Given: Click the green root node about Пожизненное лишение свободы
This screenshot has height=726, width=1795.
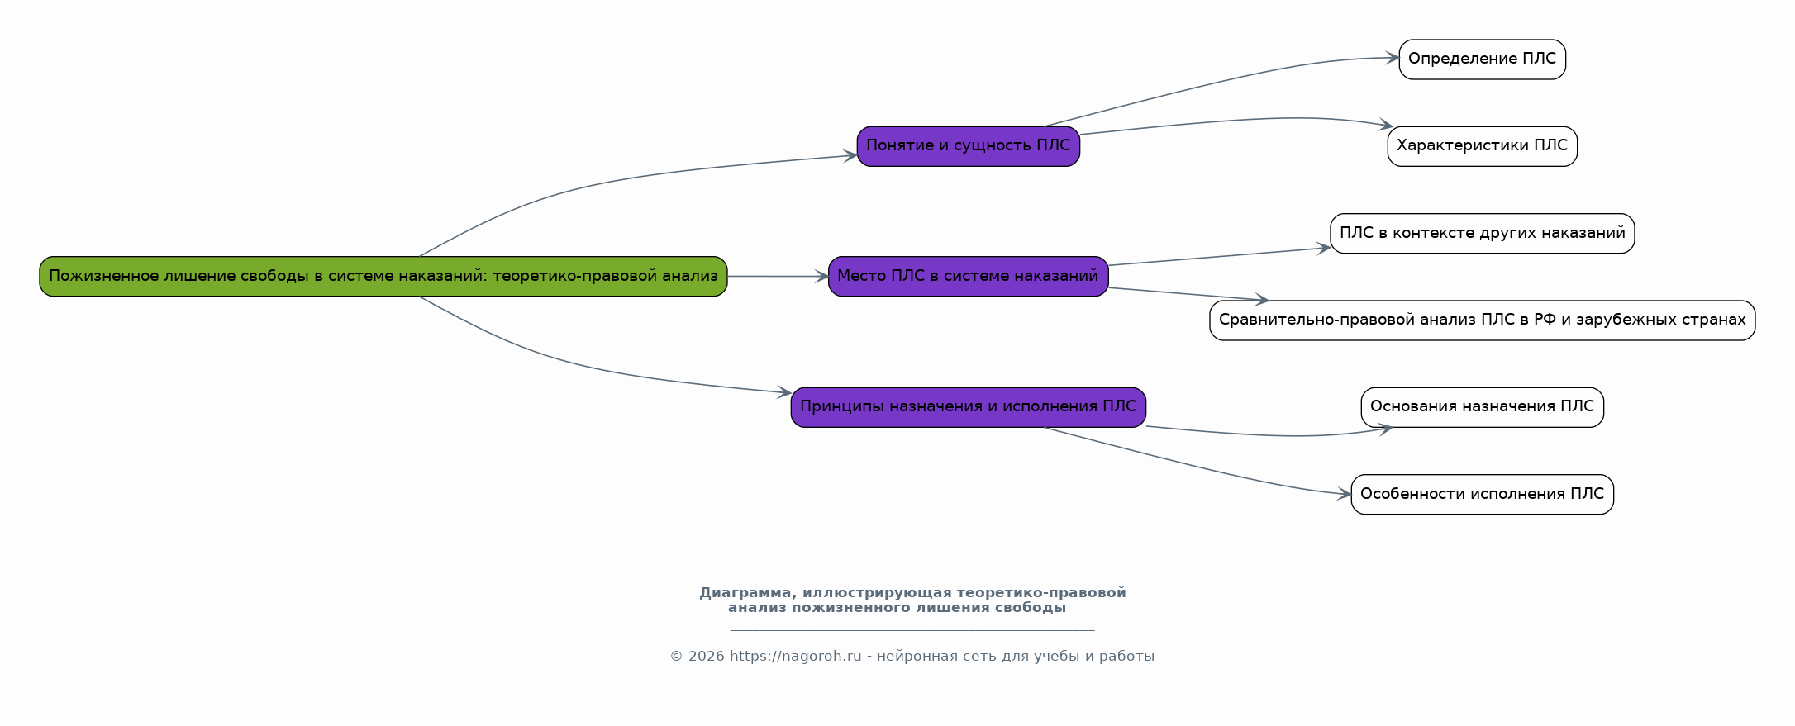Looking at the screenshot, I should tap(383, 276).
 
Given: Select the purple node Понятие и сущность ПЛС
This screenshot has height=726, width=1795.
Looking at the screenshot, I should tap(968, 146).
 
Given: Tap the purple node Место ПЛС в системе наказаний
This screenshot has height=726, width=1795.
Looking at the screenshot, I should tap(968, 276).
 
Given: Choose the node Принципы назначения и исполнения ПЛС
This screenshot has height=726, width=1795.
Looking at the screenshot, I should tap(968, 406).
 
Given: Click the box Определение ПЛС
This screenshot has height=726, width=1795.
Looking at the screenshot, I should tap(1482, 59).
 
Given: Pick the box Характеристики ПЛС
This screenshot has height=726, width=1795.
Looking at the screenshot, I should tap(1482, 146).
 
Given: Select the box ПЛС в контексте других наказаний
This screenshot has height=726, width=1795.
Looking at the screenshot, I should tap(1482, 233).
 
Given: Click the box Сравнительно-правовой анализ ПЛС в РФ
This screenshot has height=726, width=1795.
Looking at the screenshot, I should tap(1482, 320).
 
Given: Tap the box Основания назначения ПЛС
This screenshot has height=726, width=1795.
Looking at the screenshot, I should tap(1482, 406).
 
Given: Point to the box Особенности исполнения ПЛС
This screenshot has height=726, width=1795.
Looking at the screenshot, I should tap(1482, 494).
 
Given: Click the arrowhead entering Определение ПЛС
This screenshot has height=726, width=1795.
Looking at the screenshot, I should tap(1393, 58).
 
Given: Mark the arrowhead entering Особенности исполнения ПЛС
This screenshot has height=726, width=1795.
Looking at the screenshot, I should tap(1345, 495).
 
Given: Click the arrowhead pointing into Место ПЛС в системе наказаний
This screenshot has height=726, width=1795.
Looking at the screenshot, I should tap(821, 277).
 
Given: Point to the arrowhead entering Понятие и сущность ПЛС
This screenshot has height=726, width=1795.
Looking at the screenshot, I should tap(850, 155).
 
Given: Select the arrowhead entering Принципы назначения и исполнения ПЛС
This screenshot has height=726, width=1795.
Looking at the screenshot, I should tap(784, 393).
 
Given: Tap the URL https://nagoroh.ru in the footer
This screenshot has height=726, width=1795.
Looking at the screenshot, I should tap(795, 657).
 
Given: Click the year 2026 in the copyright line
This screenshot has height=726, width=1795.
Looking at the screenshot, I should tap(706, 657).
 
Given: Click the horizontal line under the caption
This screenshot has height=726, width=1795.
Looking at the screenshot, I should tap(912, 630).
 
